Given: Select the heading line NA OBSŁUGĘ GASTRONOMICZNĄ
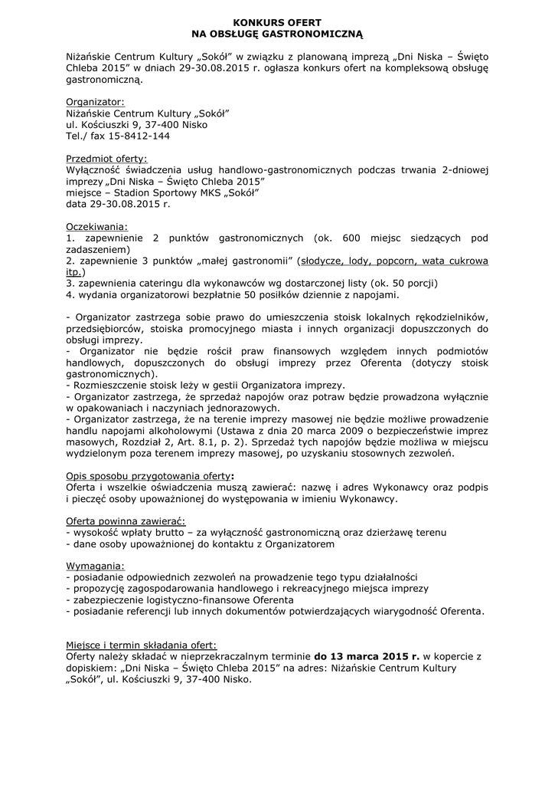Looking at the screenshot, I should pyautogui.click(x=277, y=34).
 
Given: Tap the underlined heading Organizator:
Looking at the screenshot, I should pyautogui.click(x=95, y=102).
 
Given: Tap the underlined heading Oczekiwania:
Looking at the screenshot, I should pyautogui.click(x=97, y=227).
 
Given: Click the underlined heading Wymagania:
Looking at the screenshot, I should pyautogui.click(x=95, y=565).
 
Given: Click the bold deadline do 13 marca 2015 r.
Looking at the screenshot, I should pyautogui.click(x=367, y=657).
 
